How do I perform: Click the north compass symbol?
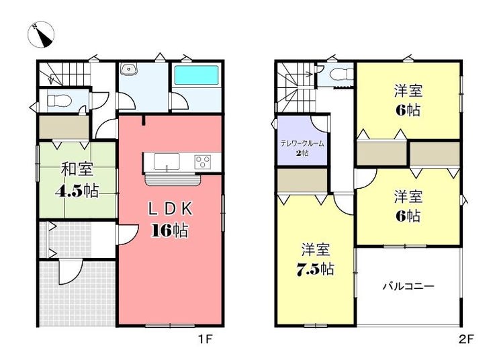coord(41,34)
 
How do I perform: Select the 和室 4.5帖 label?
coord(77,180)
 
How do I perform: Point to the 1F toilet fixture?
coord(59,101)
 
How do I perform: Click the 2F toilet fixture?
coord(340,75)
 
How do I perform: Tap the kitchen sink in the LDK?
coord(167,161)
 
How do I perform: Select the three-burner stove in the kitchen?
coord(203,162)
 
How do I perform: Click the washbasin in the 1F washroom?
coord(128,69)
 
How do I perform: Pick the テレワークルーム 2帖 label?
coord(302,148)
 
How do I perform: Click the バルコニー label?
coord(408,287)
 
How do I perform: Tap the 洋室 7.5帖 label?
coord(316,259)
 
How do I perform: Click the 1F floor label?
coord(205,339)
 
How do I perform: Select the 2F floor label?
coord(466,339)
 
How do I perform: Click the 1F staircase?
coord(64,73)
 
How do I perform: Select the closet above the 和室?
coord(64,127)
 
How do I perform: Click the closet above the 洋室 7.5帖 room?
coord(302,180)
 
